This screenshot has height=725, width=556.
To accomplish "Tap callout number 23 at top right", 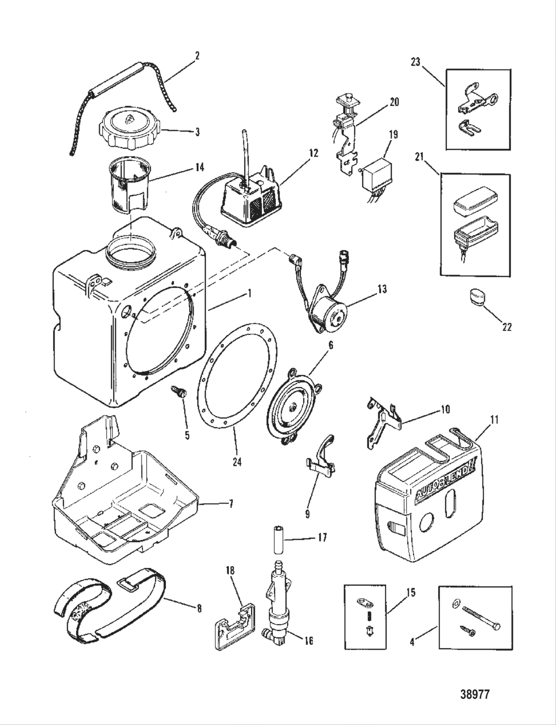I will (415, 63).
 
